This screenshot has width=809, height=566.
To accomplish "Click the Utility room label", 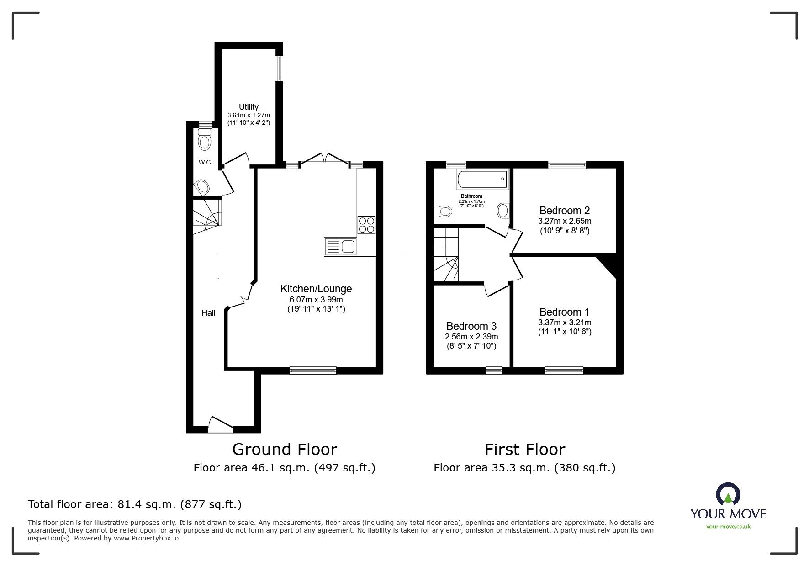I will (x=249, y=107).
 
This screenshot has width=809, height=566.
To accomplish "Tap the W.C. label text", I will (x=205, y=163).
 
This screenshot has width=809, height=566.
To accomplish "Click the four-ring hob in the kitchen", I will (x=366, y=225).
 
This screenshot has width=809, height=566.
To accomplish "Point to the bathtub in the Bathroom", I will (x=482, y=179).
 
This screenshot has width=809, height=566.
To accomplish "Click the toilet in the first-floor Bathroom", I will (x=443, y=212).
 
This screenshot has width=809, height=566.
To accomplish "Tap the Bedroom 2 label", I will (x=564, y=211).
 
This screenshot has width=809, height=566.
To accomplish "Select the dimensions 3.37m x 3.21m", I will (x=564, y=323).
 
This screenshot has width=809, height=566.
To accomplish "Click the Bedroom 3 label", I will (x=471, y=326).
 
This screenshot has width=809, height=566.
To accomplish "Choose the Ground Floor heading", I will (x=284, y=450).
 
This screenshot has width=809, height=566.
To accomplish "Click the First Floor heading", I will (x=524, y=450).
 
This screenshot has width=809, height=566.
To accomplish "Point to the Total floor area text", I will (x=135, y=504).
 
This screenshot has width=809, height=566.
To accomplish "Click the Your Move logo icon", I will (x=728, y=494).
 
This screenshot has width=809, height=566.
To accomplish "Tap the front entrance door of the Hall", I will (x=220, y=425).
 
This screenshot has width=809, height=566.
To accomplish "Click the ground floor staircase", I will (x=206, y=215).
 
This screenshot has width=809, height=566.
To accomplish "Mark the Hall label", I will (x=208, y=313).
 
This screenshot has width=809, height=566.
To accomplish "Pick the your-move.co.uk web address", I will (x=728, y=527).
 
